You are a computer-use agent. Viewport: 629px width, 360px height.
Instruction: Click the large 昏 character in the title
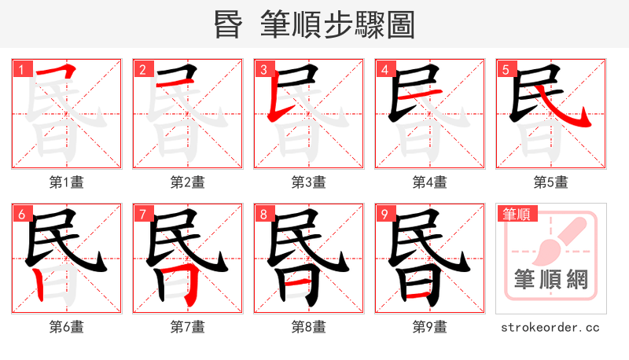click(x=230, y=25)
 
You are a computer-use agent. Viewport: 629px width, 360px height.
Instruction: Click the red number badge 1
click(x=21, y=69)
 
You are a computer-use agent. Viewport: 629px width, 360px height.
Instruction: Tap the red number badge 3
click(x=263, y=69)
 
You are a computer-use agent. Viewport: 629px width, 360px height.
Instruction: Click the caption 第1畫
click(x=67, y=182)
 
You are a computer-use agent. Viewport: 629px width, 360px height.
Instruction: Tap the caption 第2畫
click(x=188, y=182)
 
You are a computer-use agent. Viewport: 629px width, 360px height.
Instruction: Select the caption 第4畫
click(x=430, y=182)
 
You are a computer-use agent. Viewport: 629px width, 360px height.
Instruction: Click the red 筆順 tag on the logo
click(x=517, y=213)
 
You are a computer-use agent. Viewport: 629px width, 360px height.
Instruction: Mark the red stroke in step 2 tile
click(x=169, y=83)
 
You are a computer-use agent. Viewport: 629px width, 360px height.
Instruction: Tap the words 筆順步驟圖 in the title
click(x=338, y=25)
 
